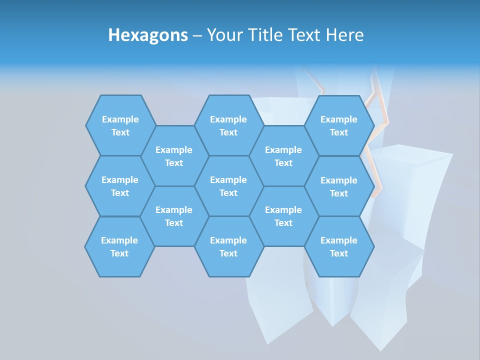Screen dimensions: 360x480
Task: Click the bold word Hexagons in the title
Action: [x=148, y=35]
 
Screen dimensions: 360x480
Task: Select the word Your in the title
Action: [x=222, y=35]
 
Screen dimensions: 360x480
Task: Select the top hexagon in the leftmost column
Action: [x=120, y=125]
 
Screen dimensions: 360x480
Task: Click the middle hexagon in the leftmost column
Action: [x=120, y=186]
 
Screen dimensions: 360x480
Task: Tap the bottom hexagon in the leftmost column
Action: [x=119, y=246]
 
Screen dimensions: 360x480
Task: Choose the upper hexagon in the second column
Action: [x=174, y=156]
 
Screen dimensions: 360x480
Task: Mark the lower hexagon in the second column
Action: [x=174, y=216]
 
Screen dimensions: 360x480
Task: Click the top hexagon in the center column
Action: [x=228, y=125]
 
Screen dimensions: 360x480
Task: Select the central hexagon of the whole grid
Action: [x=228, y=186]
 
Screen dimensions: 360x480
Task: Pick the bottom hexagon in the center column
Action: [x=228, y=246]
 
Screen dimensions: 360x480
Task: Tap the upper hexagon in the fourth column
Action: [x=283, y=156]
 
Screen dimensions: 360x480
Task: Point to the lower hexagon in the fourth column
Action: [x=283, y=216]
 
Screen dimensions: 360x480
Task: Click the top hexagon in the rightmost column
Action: [x=339, y=125]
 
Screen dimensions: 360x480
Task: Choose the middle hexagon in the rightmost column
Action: [x=339, y=186]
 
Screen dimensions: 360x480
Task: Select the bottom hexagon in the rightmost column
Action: [x=339, y=246]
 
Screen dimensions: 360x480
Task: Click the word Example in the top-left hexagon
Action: [x=120, y=119]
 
